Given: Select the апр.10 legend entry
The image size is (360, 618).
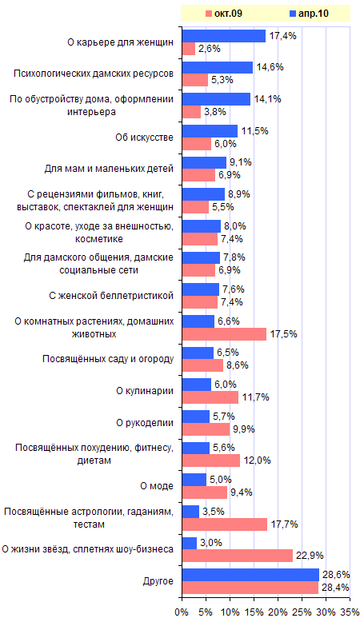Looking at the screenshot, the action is tap(309, 14).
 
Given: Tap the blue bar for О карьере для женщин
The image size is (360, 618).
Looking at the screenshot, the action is tap(224, 36).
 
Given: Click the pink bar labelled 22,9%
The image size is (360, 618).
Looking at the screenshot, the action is tap(238, 556).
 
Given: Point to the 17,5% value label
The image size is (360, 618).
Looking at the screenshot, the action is tap(283, 334).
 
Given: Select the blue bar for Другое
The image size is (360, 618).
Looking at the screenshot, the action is tap(250, 575).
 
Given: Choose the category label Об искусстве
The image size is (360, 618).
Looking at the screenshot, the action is tap(144, 138).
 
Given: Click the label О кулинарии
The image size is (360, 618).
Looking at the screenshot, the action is tap(145, 391).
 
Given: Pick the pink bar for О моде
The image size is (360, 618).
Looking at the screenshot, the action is tap(205, 492).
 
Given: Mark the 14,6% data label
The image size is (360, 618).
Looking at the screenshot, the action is tap(270, 67).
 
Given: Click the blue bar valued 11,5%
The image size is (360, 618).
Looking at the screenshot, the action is tap(210, 131).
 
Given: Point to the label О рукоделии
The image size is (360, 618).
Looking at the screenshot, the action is tap(145, 422).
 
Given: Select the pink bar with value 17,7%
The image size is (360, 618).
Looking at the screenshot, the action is tap(225, 524).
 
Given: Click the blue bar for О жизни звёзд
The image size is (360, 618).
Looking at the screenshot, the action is tap(190, 543).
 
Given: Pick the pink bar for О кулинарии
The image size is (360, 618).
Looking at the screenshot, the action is tap(210, 397).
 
